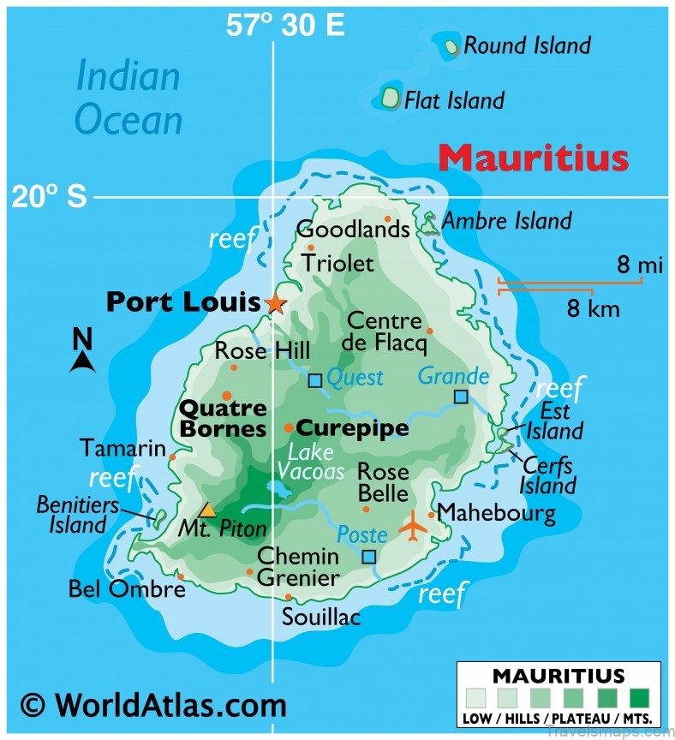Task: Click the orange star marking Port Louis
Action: point(275,303)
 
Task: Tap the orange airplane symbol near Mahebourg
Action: point(415,526)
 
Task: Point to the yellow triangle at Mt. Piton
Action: point(207,510)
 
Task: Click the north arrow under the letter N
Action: point(82,361)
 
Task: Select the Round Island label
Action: point(527,45)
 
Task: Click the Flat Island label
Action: point(454,100)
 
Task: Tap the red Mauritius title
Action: point(534,158)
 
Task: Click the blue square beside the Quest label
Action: point(315,380)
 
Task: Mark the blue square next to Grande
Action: point(461,396)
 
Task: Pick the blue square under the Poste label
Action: point(368,557)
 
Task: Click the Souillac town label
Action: point(321,617)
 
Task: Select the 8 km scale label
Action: point(593,308)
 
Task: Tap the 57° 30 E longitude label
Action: point(285,26)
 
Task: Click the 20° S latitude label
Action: point(49,198)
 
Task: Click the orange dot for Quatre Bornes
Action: point(227,395)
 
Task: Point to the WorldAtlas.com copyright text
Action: point(153,705)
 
